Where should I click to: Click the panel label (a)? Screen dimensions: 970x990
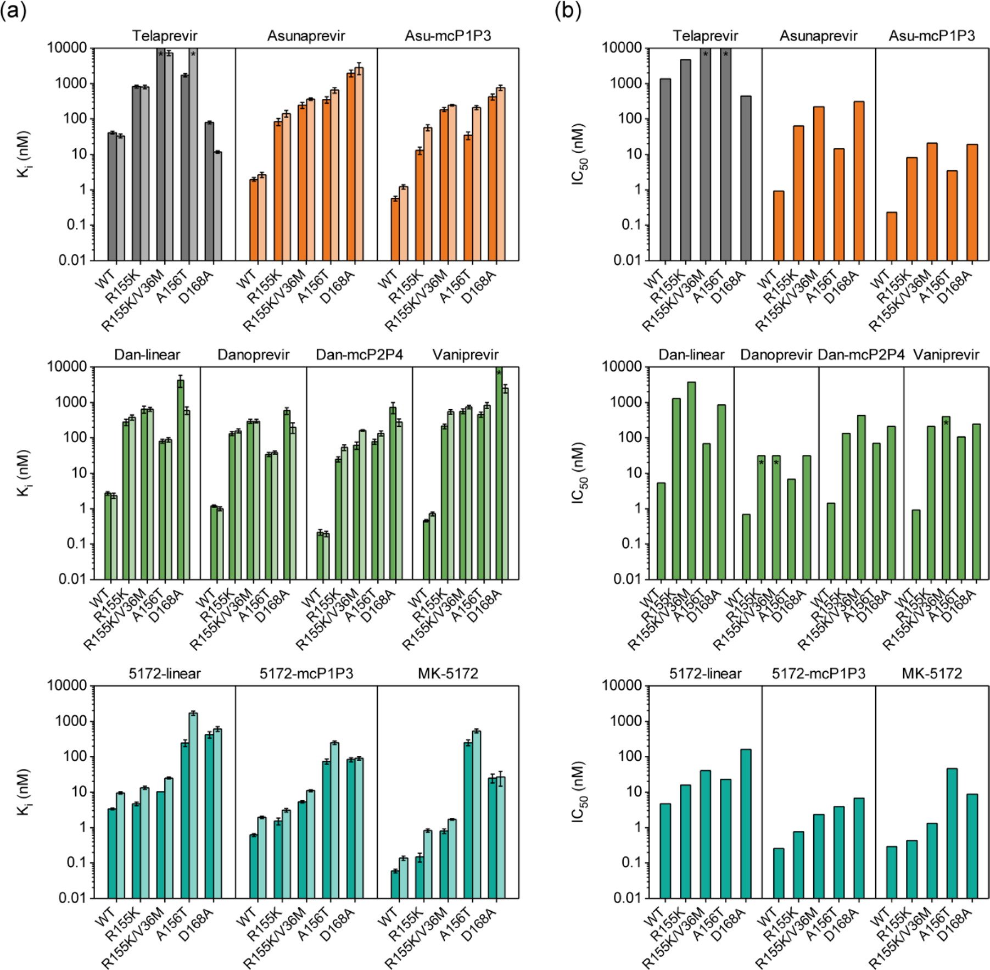[13, 11]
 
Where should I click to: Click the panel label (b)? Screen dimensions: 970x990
[568, 11]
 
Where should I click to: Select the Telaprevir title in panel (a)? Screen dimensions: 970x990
[164, 36]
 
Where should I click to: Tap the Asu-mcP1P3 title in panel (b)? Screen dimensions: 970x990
[932, 36]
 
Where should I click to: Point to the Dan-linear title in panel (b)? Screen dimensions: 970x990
[691, 355]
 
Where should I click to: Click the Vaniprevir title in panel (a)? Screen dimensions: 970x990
[465, 355]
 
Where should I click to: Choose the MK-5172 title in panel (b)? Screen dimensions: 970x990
[932, 674]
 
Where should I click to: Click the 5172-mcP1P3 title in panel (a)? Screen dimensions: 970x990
[306, 674]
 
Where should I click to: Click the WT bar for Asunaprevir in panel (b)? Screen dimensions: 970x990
[779, 225]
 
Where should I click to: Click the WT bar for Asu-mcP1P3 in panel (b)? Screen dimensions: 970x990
[892, 236]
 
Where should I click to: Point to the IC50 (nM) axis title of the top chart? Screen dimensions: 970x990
[580, 154]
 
